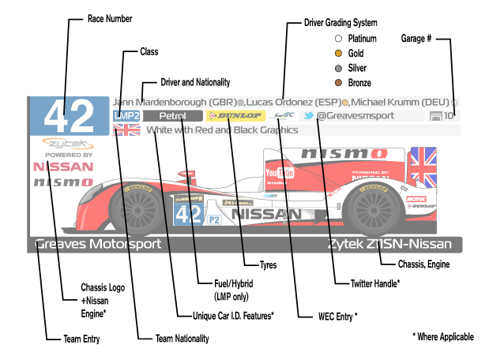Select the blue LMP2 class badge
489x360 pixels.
pyautogui.click(x=126, y=115)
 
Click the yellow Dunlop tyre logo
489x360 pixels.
pyautogui.click(x=234, y=115)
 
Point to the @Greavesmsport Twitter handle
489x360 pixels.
pyautogui.click(x=354, y=115)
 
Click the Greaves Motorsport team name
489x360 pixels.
pyautogui.click(x=98, y=244)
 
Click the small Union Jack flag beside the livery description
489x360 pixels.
pyautogui.click(x=126, y=129)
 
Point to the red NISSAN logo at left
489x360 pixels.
pyautogui.click(x=62, y=167)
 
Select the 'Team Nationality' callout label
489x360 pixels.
pyautogui.click(x=182, y=338)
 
